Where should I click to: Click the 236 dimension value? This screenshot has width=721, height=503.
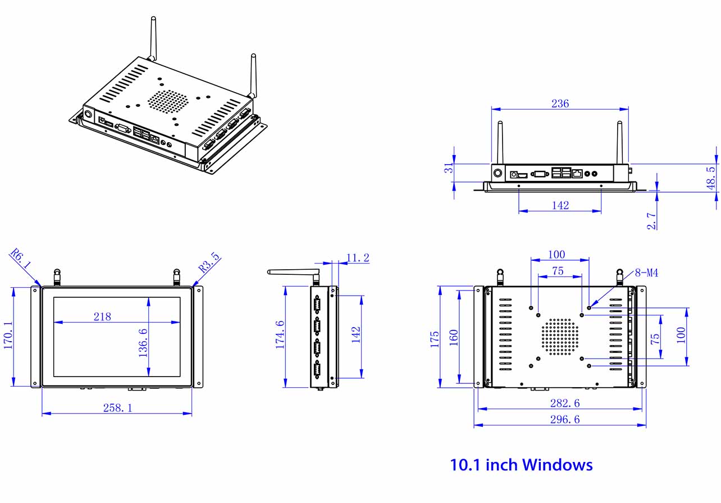click(x=560, y=103)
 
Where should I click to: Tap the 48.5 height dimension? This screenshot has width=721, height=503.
click(x=711, y=178)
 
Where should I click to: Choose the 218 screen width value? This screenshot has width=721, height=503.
click(x=102, y=316)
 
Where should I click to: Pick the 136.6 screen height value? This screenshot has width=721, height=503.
click(x=143, y=342)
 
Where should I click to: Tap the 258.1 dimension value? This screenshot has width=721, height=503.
click(x=117, y=407)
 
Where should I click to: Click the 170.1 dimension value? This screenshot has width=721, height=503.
click(x=9, y=336)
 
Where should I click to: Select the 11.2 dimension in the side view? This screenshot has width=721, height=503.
click(x=358, y=258)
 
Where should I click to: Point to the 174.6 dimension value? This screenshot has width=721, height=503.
click(x=280, y=336)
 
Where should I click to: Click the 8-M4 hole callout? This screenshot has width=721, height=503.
click(x=646, y=273)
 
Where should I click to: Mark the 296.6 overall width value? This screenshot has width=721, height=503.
click(x=565, y=419)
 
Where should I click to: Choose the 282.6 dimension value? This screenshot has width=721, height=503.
click(x=565, y=403)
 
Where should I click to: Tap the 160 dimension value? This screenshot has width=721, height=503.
click(x=454, y=337)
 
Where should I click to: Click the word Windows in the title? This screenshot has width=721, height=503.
click(x=557, y=465)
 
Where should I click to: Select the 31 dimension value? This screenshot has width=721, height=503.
click(x=448, y=169)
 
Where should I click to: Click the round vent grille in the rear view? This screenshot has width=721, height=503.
click(x=560, y=337)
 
